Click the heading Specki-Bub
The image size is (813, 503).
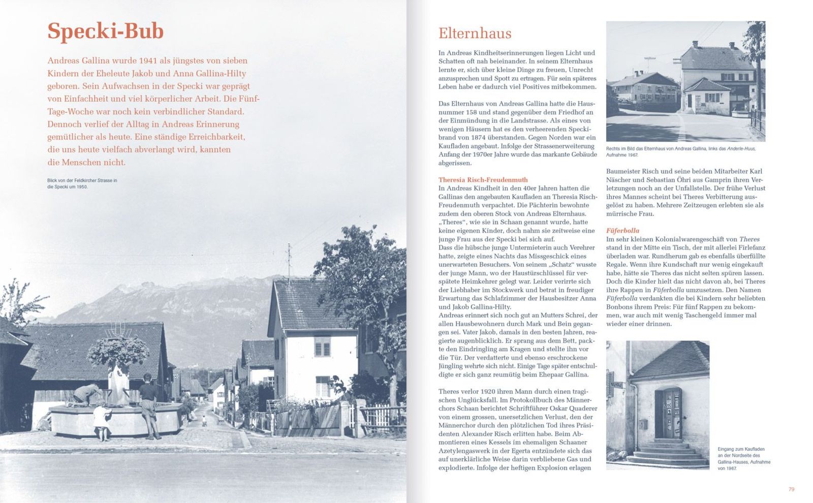point(105,32)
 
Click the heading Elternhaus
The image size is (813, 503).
point(475,34)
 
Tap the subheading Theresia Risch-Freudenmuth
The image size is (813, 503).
point(483,180)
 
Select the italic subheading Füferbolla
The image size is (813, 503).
point(622,231)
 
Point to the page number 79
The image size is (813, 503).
point(791,489)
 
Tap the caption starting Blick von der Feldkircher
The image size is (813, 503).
point(82,183)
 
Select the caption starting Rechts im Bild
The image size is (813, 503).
point(681,151)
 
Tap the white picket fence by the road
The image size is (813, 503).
point(382,419)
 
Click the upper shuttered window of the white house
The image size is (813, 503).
point(322,348)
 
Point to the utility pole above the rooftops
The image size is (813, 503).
point(289,262)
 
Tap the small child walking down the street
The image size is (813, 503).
point(204,421)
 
